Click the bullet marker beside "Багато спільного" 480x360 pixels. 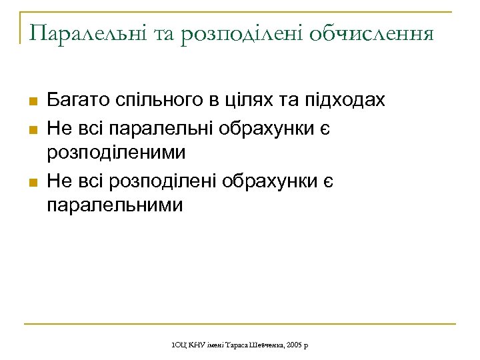31,101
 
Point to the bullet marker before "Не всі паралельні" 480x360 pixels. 31,127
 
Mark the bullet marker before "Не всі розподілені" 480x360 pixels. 31,179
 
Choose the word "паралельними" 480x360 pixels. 115,205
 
